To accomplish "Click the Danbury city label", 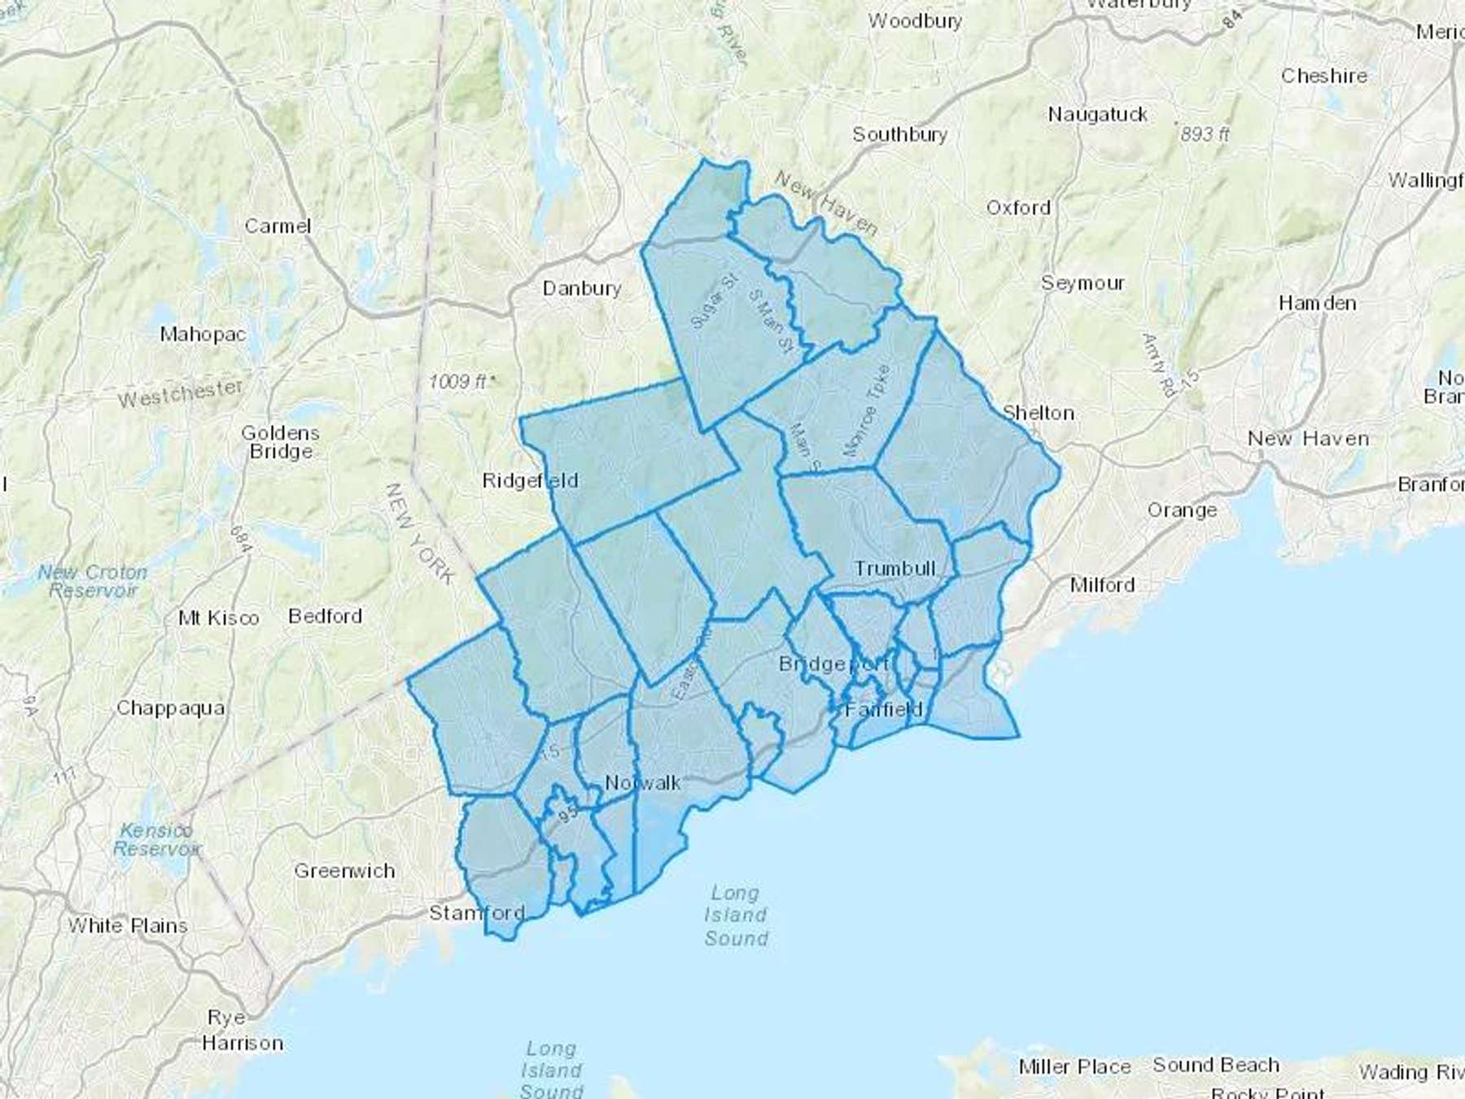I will click(x=581, y=288).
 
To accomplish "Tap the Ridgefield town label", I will click(x=530, y=480).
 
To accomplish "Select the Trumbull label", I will click(x=894, y=568).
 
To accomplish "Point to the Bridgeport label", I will click(x=833, y=664).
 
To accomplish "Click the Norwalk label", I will click(x=643, y=783).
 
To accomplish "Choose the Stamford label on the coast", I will click(x=477, y=913).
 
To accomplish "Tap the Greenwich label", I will click(x=344, y=871).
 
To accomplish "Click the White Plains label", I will click(x=128, y=926).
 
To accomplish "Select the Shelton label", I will click(x=1039, y=413).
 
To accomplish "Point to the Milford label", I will click(x=1102, y=585).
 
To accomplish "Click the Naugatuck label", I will click(x=1097, y=115).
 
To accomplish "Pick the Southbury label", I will click(x=899, y=134).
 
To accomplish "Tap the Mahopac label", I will click(x=203, y=334).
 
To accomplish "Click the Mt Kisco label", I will click(x=218, y=618).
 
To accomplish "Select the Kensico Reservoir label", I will click(x=155, y=839).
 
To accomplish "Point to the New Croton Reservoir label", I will click(x=93, y=581).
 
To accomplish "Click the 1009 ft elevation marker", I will click(x=461, y=381).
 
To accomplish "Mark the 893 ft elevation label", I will click(x=1205, y=134).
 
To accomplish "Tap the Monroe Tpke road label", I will click(x=866, y=410).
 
